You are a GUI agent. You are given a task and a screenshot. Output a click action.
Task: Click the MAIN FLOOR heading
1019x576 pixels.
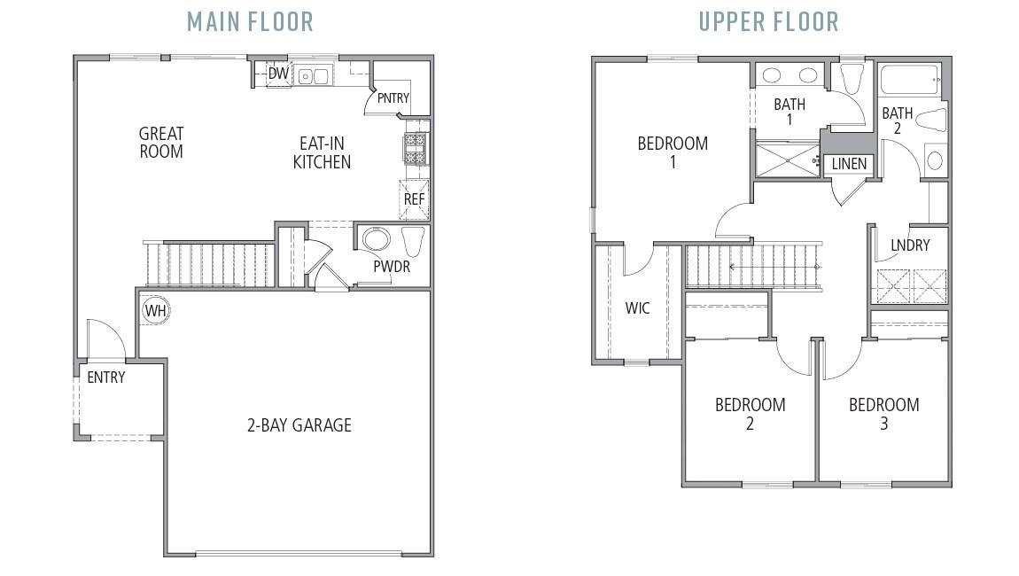tap(250, 21)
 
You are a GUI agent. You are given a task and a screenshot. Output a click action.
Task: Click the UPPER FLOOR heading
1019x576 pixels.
tap(768, 21)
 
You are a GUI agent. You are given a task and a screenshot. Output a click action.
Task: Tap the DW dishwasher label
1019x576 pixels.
tap(278, 74)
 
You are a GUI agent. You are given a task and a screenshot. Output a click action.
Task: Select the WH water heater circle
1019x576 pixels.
tap(156, 310)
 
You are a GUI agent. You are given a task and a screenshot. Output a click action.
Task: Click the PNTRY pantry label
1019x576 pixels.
tap(393, 97)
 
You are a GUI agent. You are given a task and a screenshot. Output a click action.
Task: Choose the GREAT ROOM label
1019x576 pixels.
tap(161, 143)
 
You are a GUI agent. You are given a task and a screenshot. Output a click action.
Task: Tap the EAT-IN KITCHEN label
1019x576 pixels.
tap(322, 152)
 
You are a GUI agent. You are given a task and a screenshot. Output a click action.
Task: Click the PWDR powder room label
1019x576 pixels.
tap(392, 266)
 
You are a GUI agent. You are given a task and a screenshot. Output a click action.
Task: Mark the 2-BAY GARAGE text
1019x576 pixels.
tap(299, 425)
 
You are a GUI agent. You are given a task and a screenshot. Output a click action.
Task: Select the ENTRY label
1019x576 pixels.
tap(105, 378)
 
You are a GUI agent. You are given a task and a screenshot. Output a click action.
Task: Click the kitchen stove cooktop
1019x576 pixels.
tap(416, 148)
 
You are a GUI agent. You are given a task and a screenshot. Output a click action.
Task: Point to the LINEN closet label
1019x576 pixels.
tap(849, 164)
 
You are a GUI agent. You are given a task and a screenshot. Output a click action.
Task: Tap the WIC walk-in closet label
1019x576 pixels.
tap(637, 308)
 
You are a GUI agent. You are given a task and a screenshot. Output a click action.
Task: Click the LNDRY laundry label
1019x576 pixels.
tap(910, 245)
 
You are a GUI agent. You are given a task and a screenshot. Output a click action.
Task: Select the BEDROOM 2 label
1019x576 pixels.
tap(750, 414)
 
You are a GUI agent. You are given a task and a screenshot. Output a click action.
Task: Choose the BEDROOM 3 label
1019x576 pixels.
tap(883, 414)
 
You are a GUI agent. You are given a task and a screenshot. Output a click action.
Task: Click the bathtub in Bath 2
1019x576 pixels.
tap(909, 78)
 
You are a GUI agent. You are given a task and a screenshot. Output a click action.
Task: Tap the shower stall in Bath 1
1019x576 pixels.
tap(785, 160)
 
